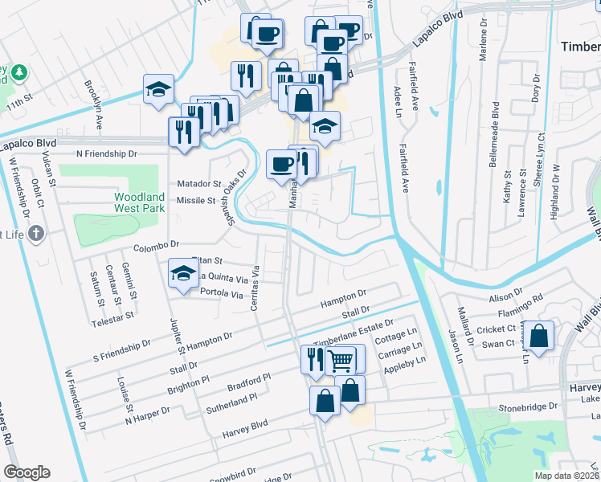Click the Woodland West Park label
point(138,202)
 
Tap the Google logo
point(27,472)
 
